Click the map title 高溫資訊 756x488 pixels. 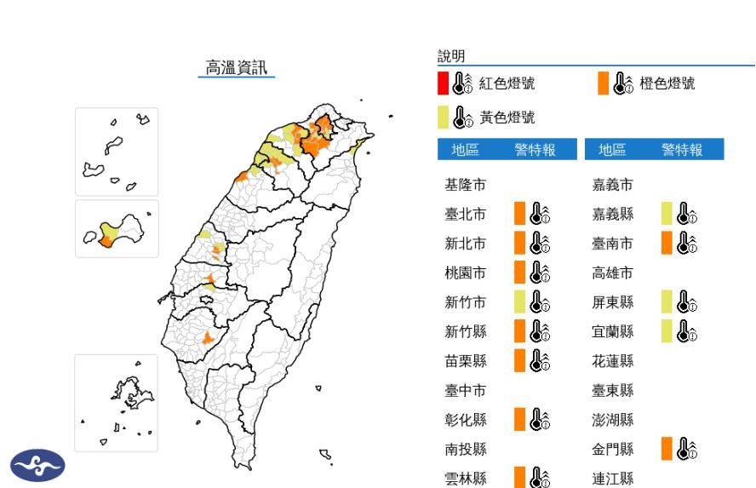pyautogui.click(x=237, y=67)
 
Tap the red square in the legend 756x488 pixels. pyautogui.click(x=443, y=83)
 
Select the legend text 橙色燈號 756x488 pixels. pyautogui.click(x=667, y=83)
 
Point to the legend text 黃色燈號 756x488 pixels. pyautogui.click(x=507, y=118)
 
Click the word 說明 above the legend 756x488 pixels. pyautogui.click(x=451, y=56)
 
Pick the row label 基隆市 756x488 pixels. pyautogui.click(x=466, y=185)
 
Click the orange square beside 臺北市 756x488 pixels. pyautogui.click(x=519, y=214)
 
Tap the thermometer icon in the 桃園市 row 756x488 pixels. pyautogui.click(x=540, y=273)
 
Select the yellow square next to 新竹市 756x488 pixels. pyautogui.click(x=519, y=301)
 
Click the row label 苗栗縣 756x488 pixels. pyautogui.click(x=466, y=361)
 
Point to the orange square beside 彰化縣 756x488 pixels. pyautogui.click(x=519, y=420)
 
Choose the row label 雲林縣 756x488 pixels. pyautogui.click(x=466, y=479)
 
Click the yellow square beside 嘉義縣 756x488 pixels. pyautogui.click(x=667, y=214)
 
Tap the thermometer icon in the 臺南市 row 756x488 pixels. pyautogui.click(x=687, y=244)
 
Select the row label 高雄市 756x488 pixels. pyautogui.click(x=613, y=273)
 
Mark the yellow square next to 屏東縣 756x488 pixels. pyautogui.click(x=667, y=301)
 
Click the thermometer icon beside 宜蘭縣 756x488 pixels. pyautogui.click(x=687, y=331)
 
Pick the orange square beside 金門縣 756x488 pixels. pyautogui.click(x=667, y=449)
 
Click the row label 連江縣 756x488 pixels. pyautogui.click(x=613, y=479)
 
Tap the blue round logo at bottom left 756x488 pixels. pyautogui.click(x=37, y=465)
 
